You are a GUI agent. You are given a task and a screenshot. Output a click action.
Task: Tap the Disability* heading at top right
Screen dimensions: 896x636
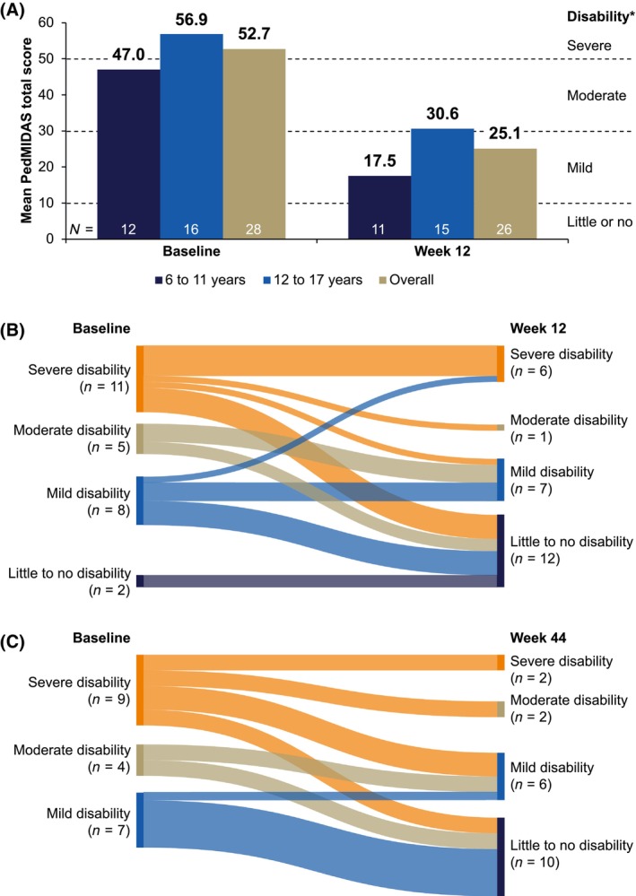pyautogui.click(x=598, y=15)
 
